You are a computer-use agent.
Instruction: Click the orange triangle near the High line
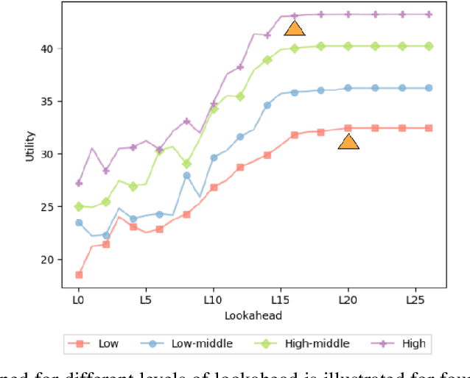pyautogui.click(x=295, y=29)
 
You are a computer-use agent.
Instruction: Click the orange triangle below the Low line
pyautogui.click(x=348, y=141)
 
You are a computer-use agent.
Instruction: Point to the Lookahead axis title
pyautogui.click(x=253, y=315)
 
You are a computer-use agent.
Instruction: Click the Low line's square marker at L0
pyautogui.click(x=79, y=275)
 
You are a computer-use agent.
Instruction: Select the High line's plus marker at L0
pyautogui.click(x=79, y=183)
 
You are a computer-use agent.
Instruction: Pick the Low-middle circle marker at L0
pyautogui.click(x=79, y=223)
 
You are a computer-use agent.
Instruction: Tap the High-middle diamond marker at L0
pyautogui.click(x=79, y=207)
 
